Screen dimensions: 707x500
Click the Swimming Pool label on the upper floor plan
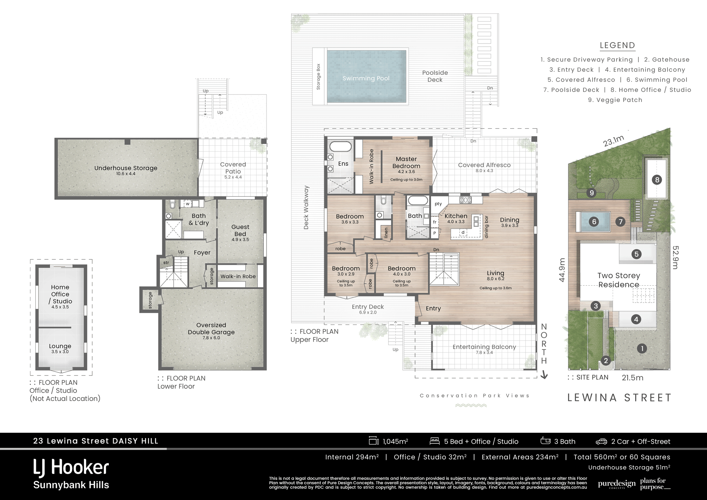[366, 78]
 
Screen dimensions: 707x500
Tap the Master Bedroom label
[406, 163]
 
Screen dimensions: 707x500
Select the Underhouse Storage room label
[126, 168]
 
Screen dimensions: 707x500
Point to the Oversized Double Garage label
[211, 329]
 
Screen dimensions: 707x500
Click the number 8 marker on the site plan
[657, 180]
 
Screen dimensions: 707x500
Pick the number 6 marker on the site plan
[594, 222]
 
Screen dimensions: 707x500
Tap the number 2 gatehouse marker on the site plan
[606, 361]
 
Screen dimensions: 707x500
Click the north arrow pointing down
[544, 374]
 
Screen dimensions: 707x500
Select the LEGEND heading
[617, 45]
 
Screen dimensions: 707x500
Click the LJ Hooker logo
[71, 467]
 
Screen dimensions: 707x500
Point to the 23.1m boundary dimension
[614, 141]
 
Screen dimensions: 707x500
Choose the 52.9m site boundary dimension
[675, 257]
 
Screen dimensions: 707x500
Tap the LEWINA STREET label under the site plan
[619, 398]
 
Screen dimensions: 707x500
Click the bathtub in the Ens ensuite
[340, 146]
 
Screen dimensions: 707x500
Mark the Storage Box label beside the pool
[319, 76]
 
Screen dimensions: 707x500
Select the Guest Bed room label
[240, 230]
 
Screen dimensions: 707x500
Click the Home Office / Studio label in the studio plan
[60, 294]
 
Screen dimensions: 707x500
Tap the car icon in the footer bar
[601, 441]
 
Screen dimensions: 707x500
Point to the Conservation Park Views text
[474, 396]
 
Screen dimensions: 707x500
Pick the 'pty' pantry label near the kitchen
[438, 204]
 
